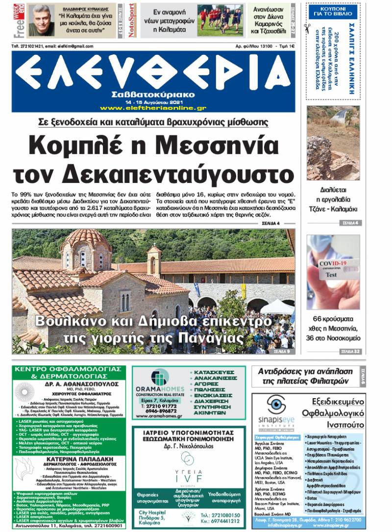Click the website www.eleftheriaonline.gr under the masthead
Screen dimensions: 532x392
point(153,108)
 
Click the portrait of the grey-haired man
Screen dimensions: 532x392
point(42,20)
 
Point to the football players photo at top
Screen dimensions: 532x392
point(220,20)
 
